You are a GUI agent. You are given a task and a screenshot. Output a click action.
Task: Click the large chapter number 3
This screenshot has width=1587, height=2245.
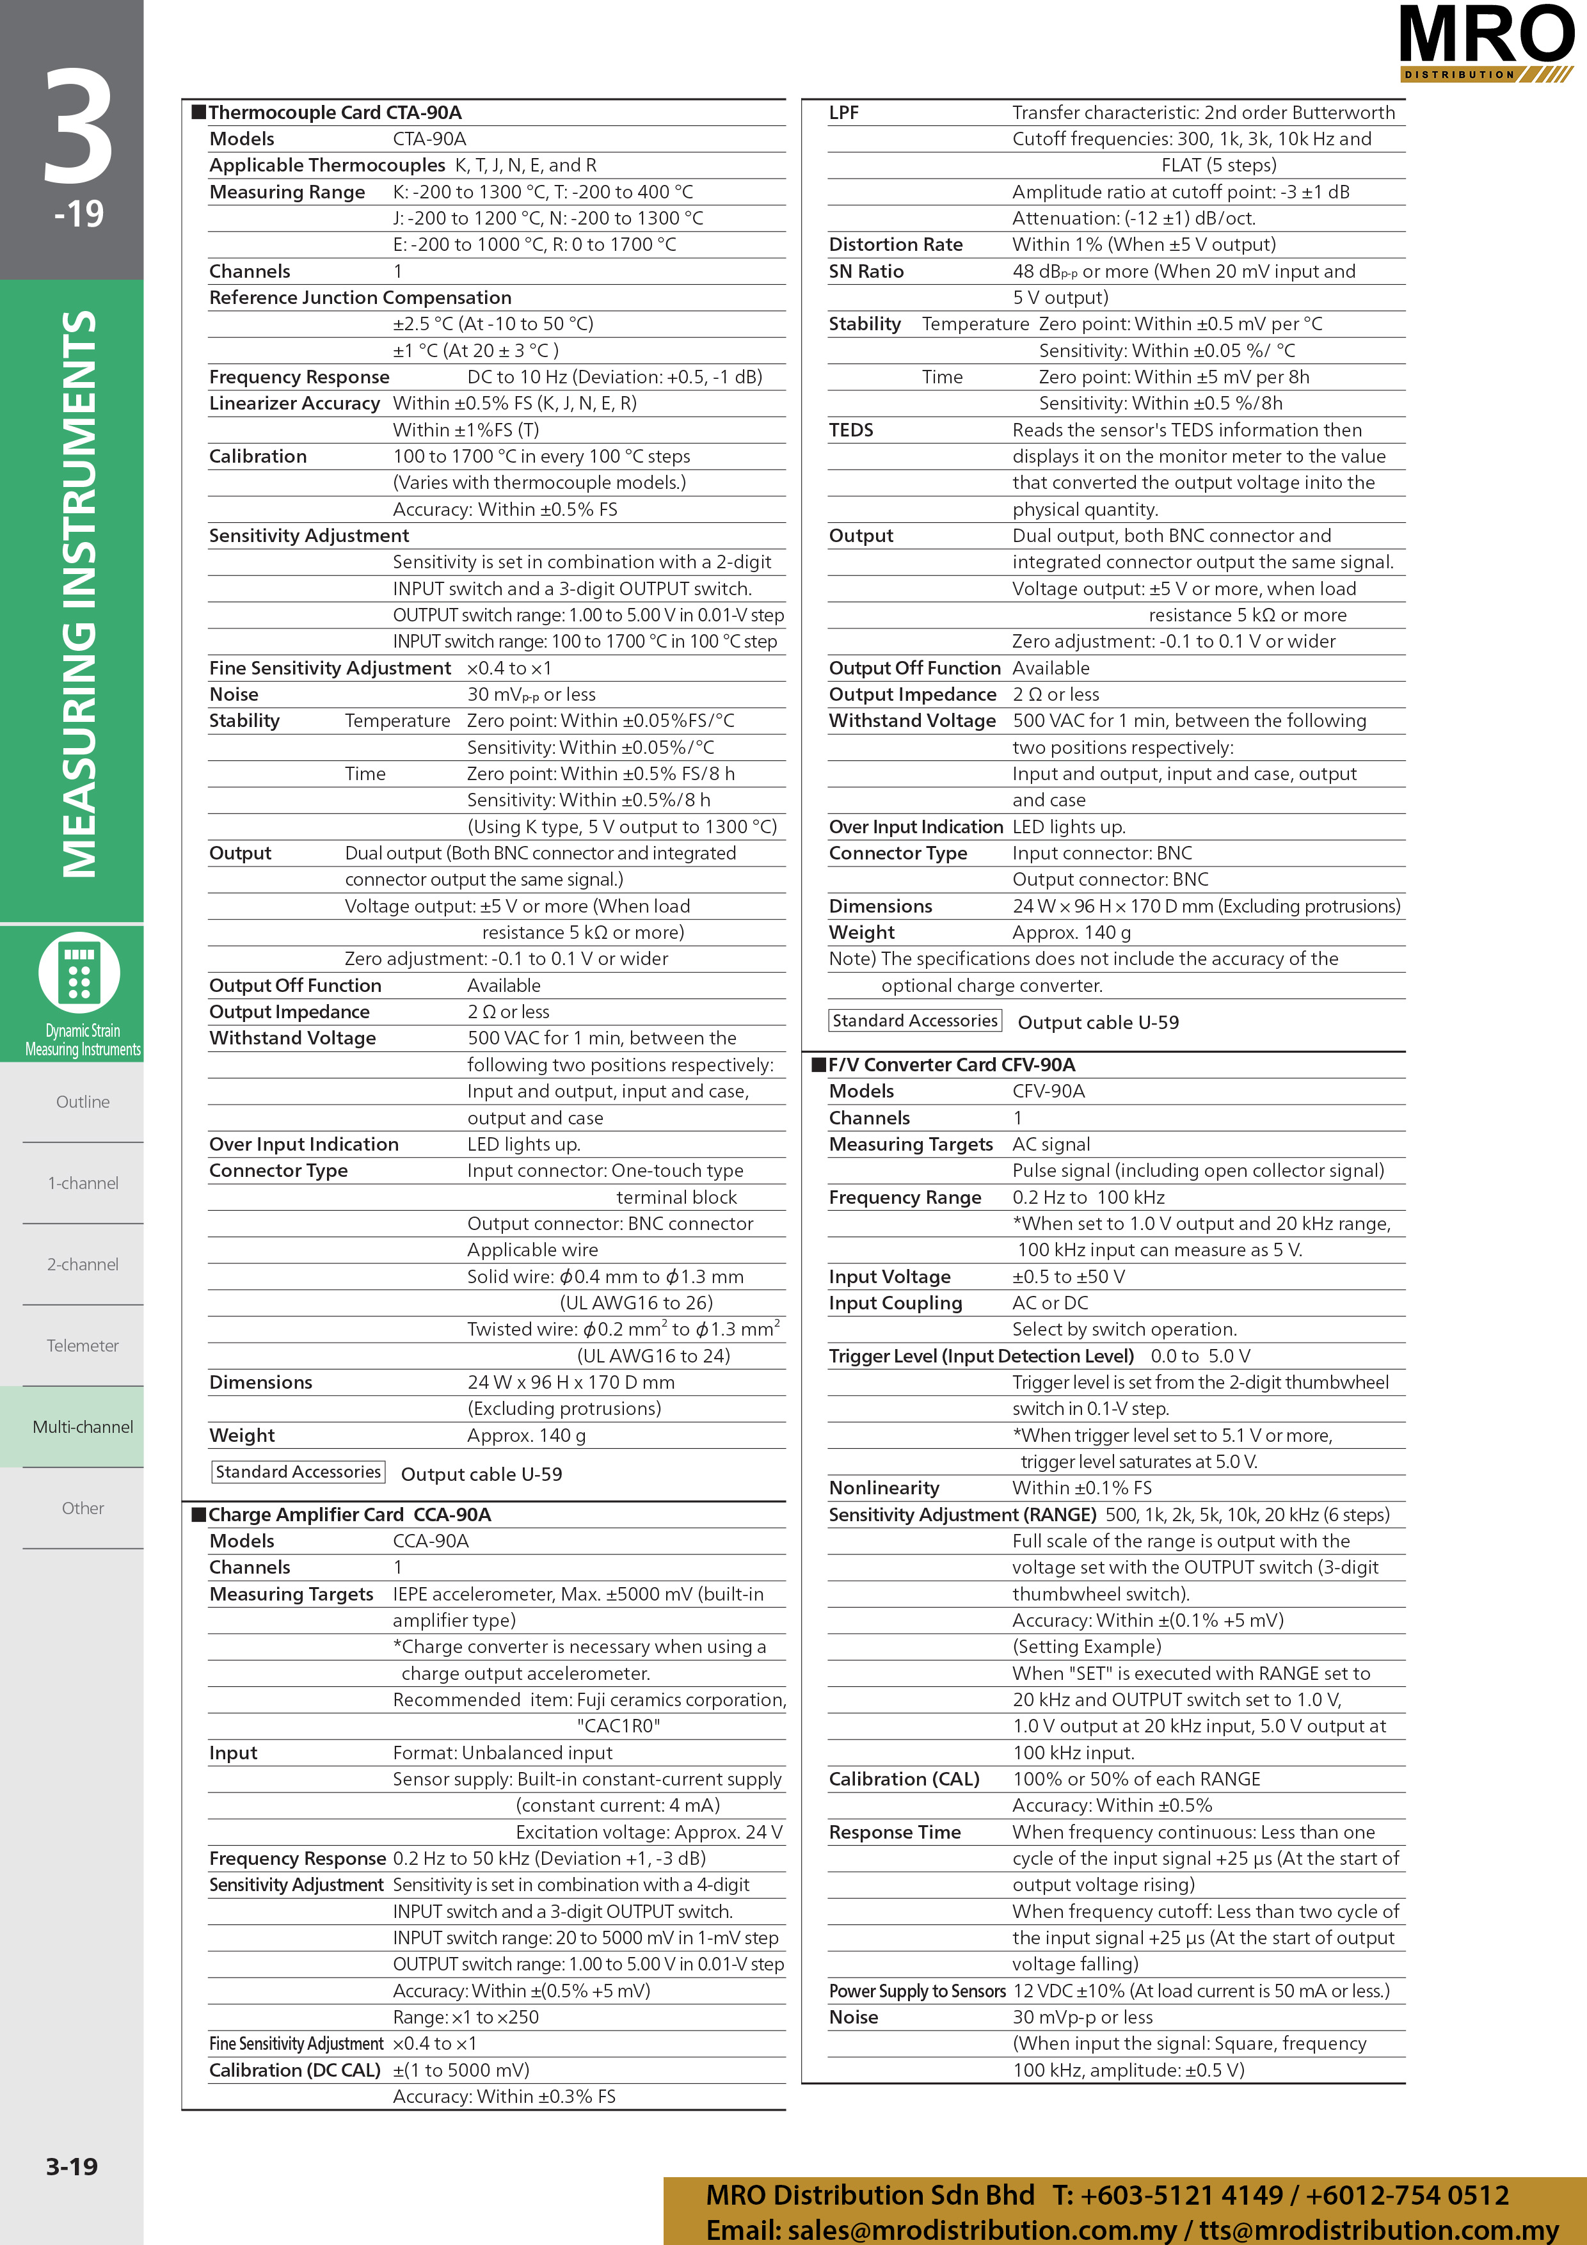tap(78, 127)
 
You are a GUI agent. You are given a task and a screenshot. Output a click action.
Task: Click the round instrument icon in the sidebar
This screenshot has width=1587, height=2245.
tap(79, 973)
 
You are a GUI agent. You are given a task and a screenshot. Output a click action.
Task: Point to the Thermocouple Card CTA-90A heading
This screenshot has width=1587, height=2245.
tap(335, 113)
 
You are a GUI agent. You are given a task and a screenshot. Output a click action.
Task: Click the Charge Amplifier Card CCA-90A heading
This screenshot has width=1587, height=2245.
tap(349, 1515)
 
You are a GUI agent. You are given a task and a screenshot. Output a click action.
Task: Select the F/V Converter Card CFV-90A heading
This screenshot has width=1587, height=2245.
tap(950, 1065)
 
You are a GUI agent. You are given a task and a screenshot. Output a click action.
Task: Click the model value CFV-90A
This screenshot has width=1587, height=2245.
tap(1048, 1091)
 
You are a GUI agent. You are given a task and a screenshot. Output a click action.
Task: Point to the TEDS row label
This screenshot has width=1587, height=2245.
tap(850, 430)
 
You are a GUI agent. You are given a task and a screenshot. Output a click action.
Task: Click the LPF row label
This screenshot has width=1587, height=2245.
tap(843, 113)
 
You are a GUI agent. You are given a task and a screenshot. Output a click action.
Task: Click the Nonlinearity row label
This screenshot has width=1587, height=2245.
tap(883, 1488)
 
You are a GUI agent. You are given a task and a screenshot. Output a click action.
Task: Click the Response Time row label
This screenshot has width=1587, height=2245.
tap(894, 1832)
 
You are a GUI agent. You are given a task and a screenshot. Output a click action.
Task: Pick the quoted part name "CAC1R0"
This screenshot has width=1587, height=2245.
tap(618, 1726)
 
